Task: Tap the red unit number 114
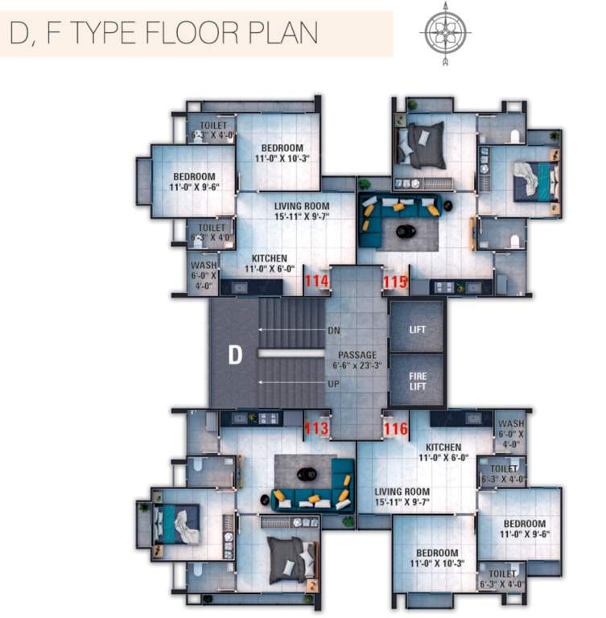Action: [316, 281]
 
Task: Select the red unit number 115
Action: [395, 281]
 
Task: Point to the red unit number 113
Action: [316, 428]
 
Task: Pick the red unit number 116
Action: [395, 428]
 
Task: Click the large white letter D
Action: [235, 355]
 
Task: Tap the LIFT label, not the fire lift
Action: [416, 330]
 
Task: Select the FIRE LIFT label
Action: [416, 380]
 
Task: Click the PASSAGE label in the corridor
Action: [357, 354]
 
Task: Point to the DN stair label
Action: [334, 331]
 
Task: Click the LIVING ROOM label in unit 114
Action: [302, 206]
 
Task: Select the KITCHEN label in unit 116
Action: [443, 447]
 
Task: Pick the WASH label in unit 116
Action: [510, 424]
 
